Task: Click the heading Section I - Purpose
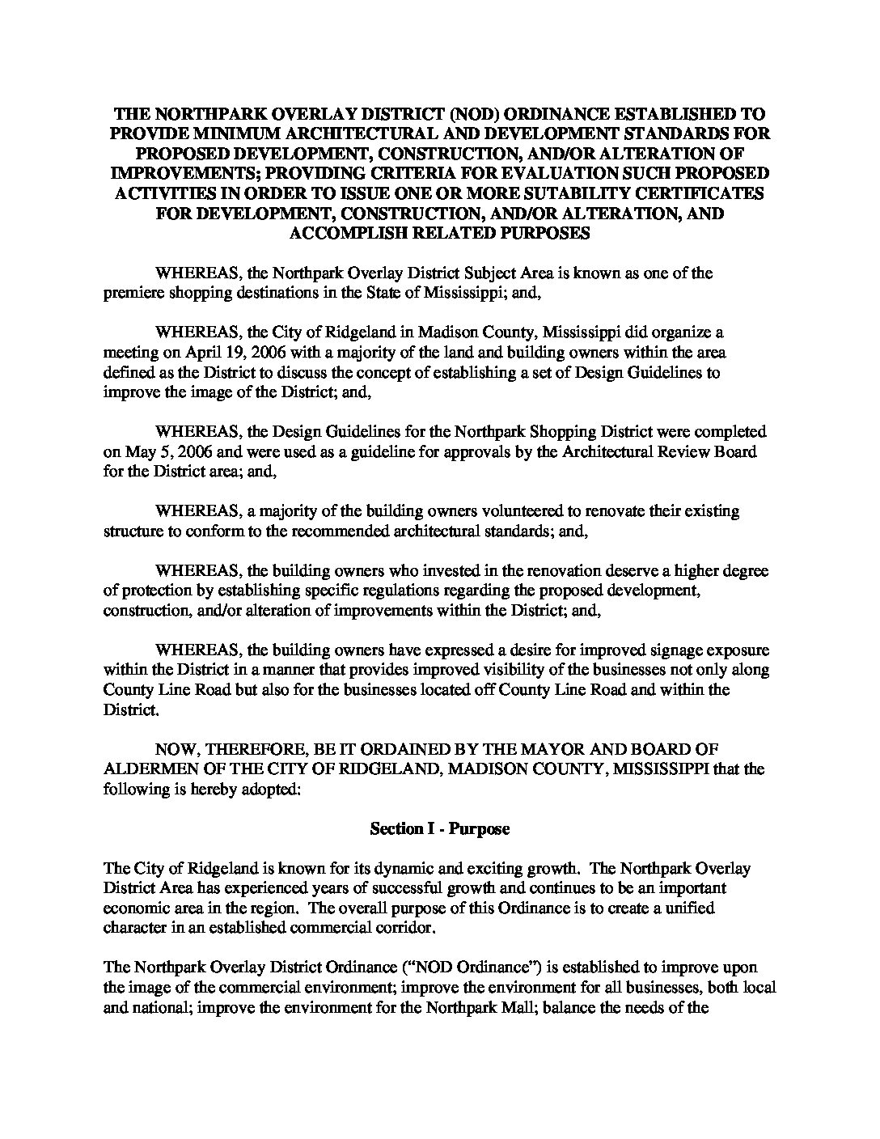pos(439,829)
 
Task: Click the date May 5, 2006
pos(159,452)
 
